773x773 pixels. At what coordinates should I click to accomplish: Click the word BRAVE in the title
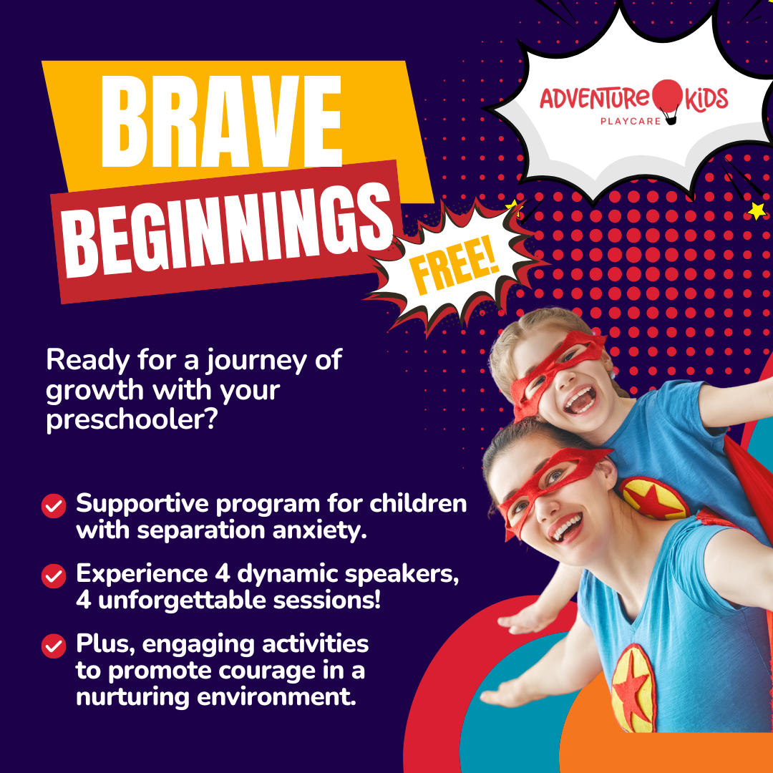[x=221, y=122]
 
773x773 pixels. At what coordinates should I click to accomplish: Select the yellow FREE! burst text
[x=454, y=266]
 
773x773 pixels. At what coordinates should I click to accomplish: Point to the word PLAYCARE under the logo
[x=631, y=121]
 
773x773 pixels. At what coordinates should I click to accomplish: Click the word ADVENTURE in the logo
[x=595, y=99]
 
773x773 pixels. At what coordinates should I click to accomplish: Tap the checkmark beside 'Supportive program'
[x=54, y=506]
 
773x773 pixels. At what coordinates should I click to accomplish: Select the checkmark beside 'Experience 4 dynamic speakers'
[x=54, y=575]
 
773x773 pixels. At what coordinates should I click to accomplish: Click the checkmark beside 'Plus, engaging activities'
[x=54, y=646]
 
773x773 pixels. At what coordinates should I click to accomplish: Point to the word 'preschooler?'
[x=132, y=421]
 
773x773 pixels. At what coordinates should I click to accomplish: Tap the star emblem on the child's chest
[x=653, y=498]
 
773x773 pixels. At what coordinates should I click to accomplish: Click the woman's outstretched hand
[x=507, y=696]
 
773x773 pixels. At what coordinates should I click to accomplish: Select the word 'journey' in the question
[x=256, y=362]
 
